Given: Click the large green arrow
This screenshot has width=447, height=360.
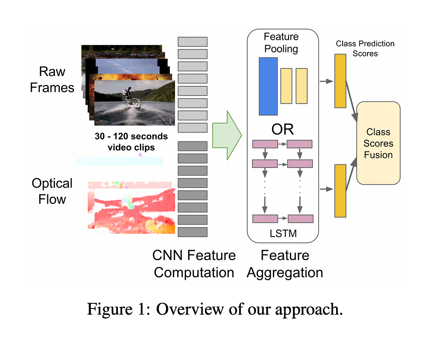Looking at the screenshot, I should tap(226, 135).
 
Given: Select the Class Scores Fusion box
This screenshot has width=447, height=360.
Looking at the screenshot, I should tap(378, 143).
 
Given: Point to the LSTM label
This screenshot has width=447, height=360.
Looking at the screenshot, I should tap(283, 234).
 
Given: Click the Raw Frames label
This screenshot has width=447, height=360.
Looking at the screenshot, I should tap(52, 79).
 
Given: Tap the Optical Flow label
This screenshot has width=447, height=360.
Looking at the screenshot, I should tap(52, 191).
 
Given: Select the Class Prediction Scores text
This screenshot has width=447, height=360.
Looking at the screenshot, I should tap(365, 48).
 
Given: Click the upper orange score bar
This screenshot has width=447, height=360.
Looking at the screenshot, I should tap(340, 81).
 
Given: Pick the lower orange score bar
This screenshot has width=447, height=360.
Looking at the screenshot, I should tap(340, 191).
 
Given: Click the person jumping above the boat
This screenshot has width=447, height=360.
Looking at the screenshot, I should tap(127, 92).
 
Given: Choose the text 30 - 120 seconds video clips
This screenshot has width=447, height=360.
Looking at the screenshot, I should tap(131, 142).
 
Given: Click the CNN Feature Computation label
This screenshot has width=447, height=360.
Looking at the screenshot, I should tap(194, 264).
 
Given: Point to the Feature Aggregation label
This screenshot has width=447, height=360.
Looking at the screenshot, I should tap(285, 264).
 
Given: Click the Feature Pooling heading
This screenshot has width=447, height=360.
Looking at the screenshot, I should tap(282, 42).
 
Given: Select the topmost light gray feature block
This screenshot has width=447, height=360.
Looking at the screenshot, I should tap(193, 42).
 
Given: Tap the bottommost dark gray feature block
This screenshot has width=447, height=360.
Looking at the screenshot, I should tap(193, 232).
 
